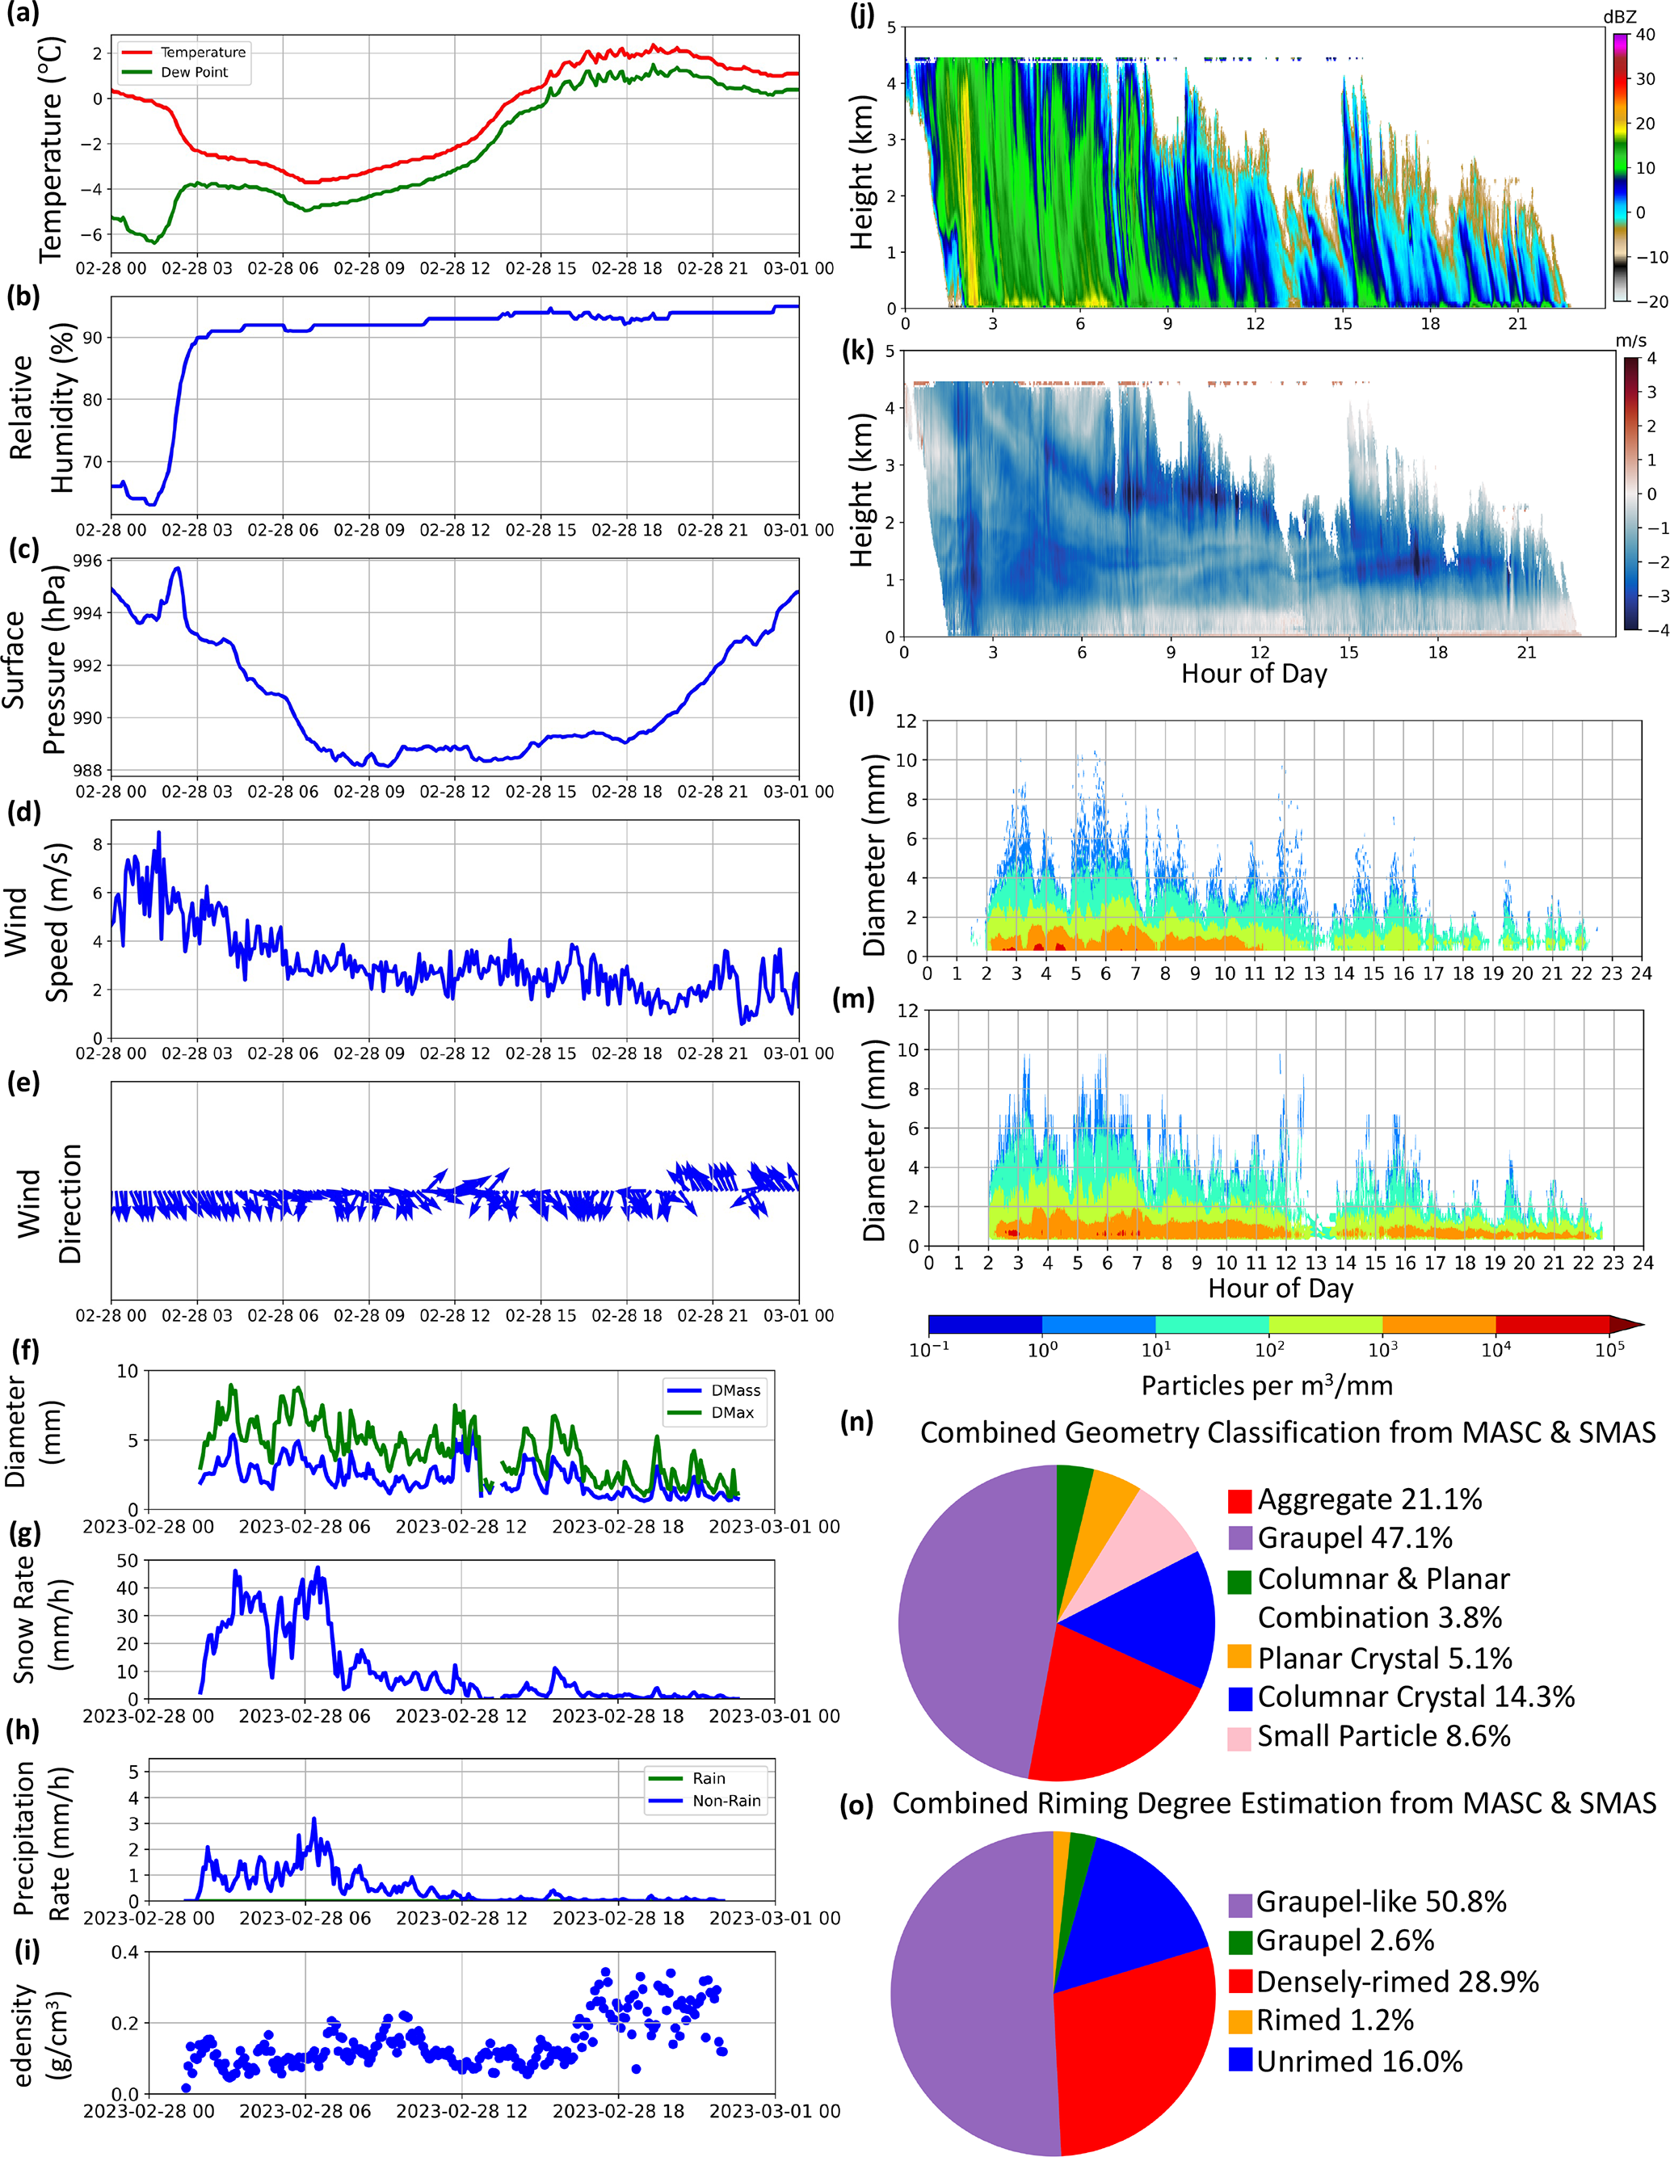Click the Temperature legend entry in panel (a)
pos(203,53)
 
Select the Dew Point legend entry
pos(194,72)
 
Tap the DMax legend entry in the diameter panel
pos(732,1412)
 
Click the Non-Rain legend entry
pos(726,1801)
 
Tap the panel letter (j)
pos(862,16)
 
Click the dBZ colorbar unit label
pos(1620,17)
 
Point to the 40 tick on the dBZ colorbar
pos(1645,35)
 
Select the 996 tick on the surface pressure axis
pos(88,561)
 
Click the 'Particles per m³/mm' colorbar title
pos(1267,1385)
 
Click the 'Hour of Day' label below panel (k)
pos(1253,674)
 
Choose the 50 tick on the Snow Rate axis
pos(126,1561)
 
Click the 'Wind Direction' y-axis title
pos(49,1203)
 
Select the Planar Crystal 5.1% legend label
pos(1385,1659)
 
